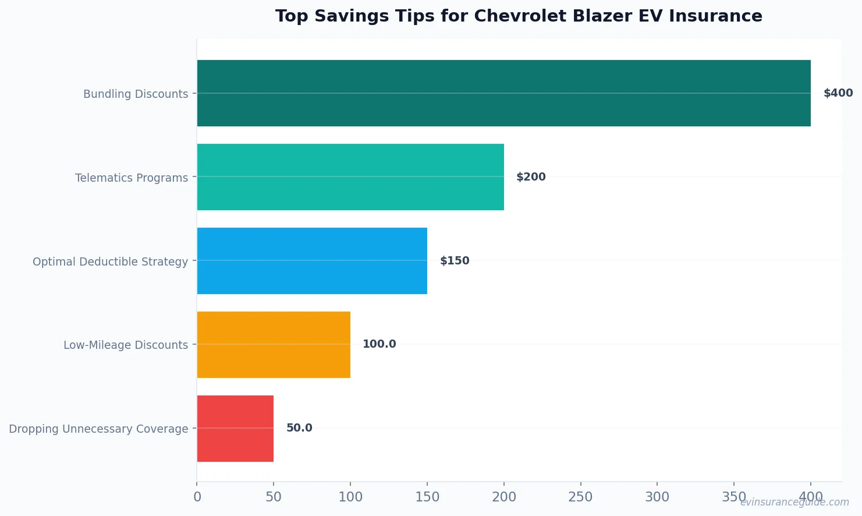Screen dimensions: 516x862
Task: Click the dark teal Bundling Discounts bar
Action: (503, 93)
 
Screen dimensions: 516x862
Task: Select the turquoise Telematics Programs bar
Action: (350, 177)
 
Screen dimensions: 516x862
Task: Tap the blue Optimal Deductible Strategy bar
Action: (312, 261)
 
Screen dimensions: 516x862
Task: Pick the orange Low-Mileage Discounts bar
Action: (274, 345)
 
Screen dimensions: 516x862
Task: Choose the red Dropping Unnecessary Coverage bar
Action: (235, 429)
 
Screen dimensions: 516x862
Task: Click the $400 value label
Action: (838, 93)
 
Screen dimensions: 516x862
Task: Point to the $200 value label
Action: (531, 177)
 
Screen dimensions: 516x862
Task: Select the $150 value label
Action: (454, 261)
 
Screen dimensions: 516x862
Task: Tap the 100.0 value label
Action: (379, 344)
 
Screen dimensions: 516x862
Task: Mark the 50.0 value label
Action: (299, 428)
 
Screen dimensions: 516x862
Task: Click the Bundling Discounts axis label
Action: (136, 94)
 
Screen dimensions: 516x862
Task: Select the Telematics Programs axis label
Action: (132, 178)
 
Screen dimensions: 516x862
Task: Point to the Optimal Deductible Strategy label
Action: (110, 261)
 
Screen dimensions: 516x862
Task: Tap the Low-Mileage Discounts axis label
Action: (126, 345)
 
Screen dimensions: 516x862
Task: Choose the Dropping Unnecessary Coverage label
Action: (98, 429)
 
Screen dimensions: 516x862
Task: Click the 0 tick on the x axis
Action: (197, 497)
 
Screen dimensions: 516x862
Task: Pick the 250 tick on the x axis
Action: (580, 497)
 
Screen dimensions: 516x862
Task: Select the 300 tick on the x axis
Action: (657, 497)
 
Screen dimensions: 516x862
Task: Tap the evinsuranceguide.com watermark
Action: (794, 502)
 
